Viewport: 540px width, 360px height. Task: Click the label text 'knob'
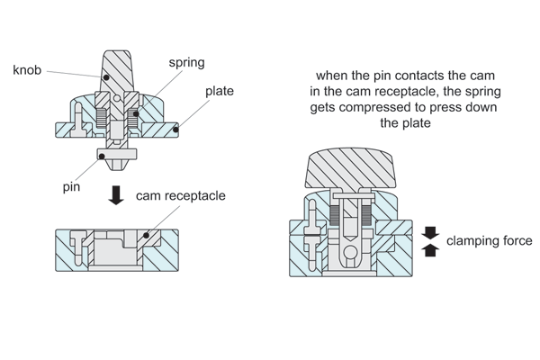click(28, 69)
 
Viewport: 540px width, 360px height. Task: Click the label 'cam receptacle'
click(180, 195)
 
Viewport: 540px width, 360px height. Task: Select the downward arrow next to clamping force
click(430, 232)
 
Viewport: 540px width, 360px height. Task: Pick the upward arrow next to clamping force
click(430, 251)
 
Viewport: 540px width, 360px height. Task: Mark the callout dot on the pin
click(102, 156)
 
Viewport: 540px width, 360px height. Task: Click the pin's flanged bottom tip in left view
click(118, 158)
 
